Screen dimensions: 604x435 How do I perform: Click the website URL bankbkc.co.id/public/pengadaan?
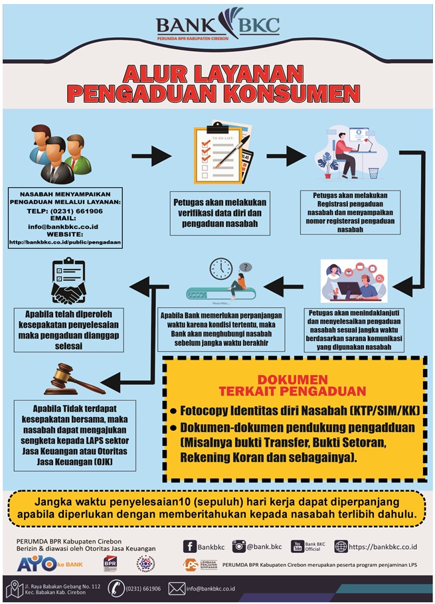65,242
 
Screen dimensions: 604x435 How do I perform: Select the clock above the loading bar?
220,269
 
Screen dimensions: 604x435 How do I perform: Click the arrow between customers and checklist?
151,158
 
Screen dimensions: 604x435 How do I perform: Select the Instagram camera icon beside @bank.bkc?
238,546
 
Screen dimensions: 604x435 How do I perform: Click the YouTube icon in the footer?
298,546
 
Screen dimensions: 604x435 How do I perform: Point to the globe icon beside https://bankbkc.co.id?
341,546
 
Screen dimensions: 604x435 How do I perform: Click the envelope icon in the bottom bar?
177,588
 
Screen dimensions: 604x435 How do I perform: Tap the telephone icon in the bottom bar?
116,588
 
